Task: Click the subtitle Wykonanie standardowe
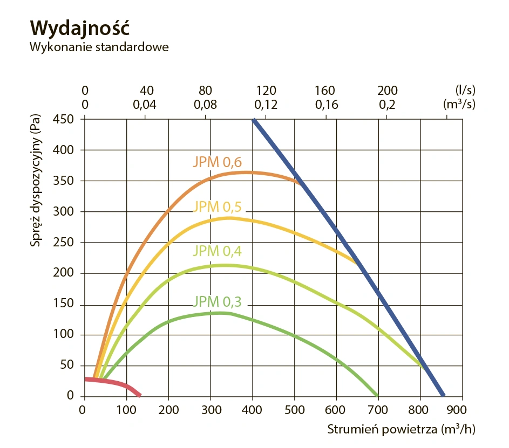[99, 47]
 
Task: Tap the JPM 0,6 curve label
[217, 162]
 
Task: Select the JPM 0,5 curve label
[217, 206]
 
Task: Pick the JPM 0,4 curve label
[217, 251]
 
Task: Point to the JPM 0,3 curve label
[217, 301]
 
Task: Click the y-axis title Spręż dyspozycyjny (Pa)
[36, 183]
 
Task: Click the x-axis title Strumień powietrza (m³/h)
[402, 430]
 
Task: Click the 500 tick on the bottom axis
[294, 410]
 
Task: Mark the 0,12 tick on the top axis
[266, 105]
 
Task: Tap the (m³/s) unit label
[459, 105]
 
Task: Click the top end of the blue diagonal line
[254, 120]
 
